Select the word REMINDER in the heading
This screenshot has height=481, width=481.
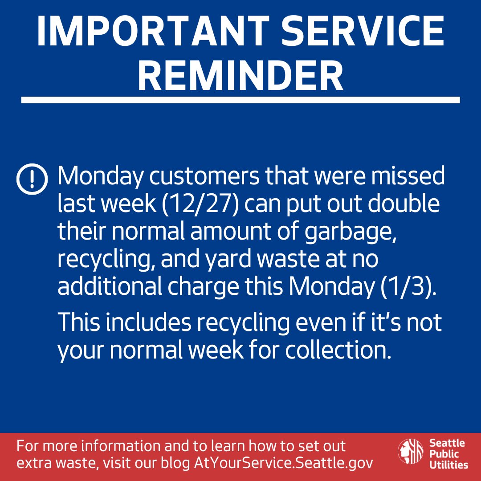(x=240, y=76)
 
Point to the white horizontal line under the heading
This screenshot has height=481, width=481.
(x=240, y=100)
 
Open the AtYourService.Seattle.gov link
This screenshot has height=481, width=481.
(x=283, y=462)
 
